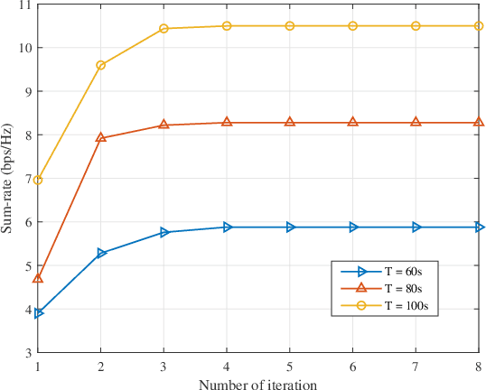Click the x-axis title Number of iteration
(x=258, y=383)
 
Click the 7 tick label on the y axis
(x=26, y=179)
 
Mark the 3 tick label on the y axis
(x=26, y=352)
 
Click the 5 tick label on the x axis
(x=290, y=366)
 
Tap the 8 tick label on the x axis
(x=479, y=366)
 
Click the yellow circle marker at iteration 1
(x=38, y=181)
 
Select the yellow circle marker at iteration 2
(x=101, y=65)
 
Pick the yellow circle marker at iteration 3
(x=164, y=29)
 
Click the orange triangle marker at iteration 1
(x=38, y=278)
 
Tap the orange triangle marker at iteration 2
(x=101, y=138)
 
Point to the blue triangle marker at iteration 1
(x=38, y=313)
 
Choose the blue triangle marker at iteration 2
(x=101, y=253)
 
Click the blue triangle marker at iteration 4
(x=227, y=227)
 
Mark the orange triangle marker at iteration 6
(x=353, y=122)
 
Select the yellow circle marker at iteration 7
(x=416, y=26)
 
